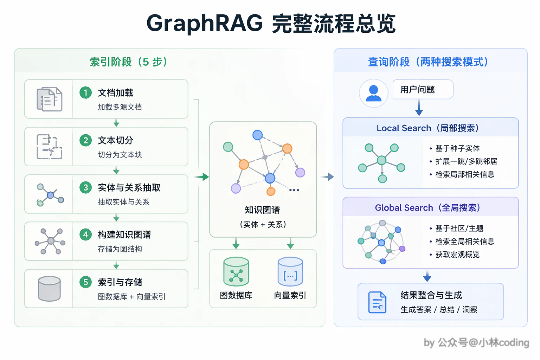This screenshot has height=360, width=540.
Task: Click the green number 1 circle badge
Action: [x=85, y=92]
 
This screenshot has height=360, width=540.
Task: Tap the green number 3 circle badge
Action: [x=85, y=188]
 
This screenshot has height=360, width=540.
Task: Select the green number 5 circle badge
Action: [x=85, y=282]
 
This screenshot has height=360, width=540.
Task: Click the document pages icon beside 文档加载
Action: [x=50, y=99]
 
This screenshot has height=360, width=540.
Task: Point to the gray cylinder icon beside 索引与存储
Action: [x=50, y=289]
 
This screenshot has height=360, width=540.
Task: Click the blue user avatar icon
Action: [x=373, y=93]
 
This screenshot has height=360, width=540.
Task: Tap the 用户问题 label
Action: [x=418, y=89]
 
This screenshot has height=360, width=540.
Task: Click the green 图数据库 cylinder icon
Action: [x=236, y=271]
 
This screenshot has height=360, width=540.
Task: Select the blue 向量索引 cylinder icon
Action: [x=290, y=271]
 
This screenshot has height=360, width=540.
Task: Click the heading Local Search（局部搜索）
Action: [x=428, y=128]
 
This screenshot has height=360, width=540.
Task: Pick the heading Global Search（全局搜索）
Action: [x=428, y=208]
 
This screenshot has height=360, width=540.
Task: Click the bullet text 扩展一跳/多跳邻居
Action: [x=466, y=161]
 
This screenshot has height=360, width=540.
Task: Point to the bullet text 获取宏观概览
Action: [x=457, y=255]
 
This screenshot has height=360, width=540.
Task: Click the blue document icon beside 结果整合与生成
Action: [x=377, y=302]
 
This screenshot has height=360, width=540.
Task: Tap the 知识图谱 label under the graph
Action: [x=262, y=210]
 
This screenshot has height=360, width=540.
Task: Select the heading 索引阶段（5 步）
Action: [x=128, y=62]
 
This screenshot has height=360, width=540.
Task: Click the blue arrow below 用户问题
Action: [x=419, y=108]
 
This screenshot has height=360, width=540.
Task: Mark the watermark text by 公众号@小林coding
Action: [x=477, y=343]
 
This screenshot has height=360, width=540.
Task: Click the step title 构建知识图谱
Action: [x=124, y=234]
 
